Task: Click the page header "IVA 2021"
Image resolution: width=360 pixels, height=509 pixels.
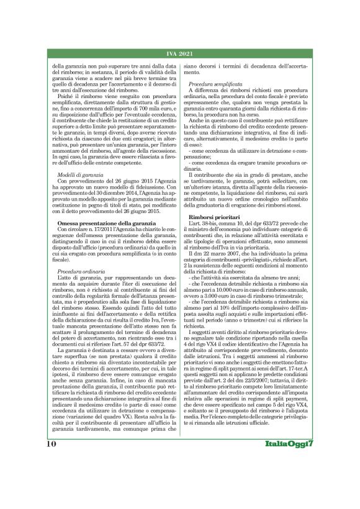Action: point(180,55)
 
